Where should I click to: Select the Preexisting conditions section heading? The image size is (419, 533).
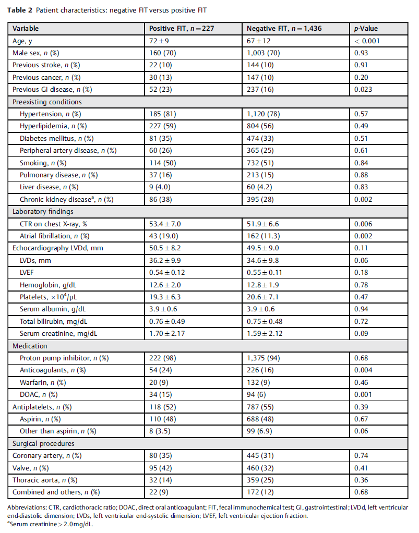coord(47,102)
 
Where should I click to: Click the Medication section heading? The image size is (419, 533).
coord(30,346)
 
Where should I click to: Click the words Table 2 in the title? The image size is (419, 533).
coord(19,10)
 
